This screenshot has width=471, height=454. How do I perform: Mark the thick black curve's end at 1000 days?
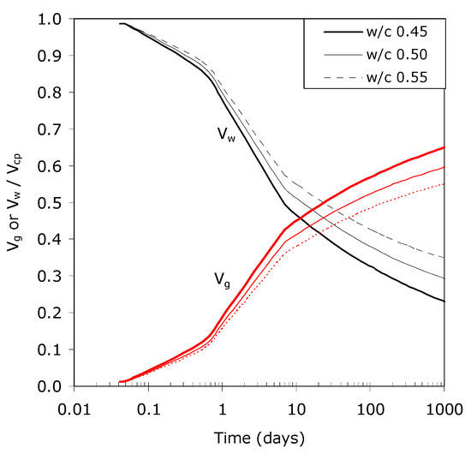[x=443, y=301]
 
